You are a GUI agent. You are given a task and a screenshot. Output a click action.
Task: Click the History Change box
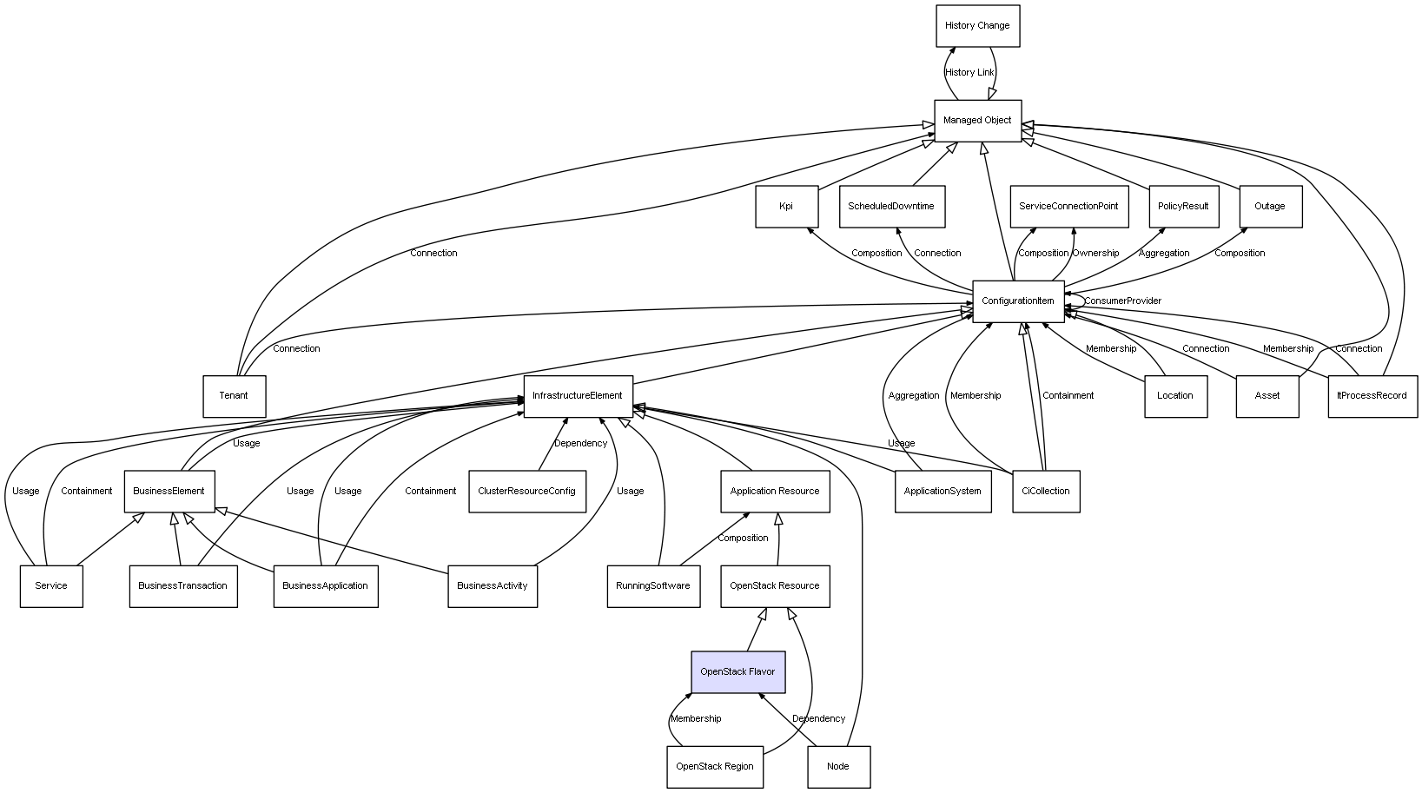(x=977, y=26)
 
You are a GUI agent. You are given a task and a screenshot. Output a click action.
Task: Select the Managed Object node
(x=977, y=121)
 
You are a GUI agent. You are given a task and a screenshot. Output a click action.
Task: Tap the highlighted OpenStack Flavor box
(x=737, y=672)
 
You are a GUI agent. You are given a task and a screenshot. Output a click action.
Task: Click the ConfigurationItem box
(x=1017, y=301)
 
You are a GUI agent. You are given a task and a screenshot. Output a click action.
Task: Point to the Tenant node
(x=234, y=396)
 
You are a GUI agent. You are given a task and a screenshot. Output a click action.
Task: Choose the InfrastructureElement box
(x=578, y=396)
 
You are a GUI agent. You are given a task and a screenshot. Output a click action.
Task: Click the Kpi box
(x=786, y=207)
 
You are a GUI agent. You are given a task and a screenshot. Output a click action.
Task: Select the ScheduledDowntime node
(x=891, y=207)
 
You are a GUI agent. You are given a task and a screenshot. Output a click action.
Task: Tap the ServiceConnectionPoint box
(x=1068, y=207)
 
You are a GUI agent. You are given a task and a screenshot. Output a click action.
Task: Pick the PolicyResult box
(x=1183, y=207)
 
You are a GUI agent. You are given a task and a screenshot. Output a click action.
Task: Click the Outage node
(x=1270, y=207)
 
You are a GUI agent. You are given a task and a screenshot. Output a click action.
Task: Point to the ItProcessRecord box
(x=1372, y=396)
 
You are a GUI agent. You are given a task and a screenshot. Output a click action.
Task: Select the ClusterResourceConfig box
(x=526, y=492)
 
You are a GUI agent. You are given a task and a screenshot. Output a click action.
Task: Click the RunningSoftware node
(x=653, y=586)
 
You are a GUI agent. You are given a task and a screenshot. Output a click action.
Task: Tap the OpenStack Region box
(x=715, y=767)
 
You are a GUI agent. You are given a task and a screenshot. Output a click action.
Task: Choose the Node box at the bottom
(x=838, y=767)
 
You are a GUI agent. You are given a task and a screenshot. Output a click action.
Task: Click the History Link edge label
(x=969, y=73)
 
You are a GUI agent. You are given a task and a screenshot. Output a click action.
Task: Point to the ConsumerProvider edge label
(x=1122, y=301)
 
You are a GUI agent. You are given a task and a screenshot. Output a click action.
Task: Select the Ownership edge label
(x=1095, y=254)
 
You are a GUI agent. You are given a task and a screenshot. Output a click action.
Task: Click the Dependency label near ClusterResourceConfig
(x=581, y=444)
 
